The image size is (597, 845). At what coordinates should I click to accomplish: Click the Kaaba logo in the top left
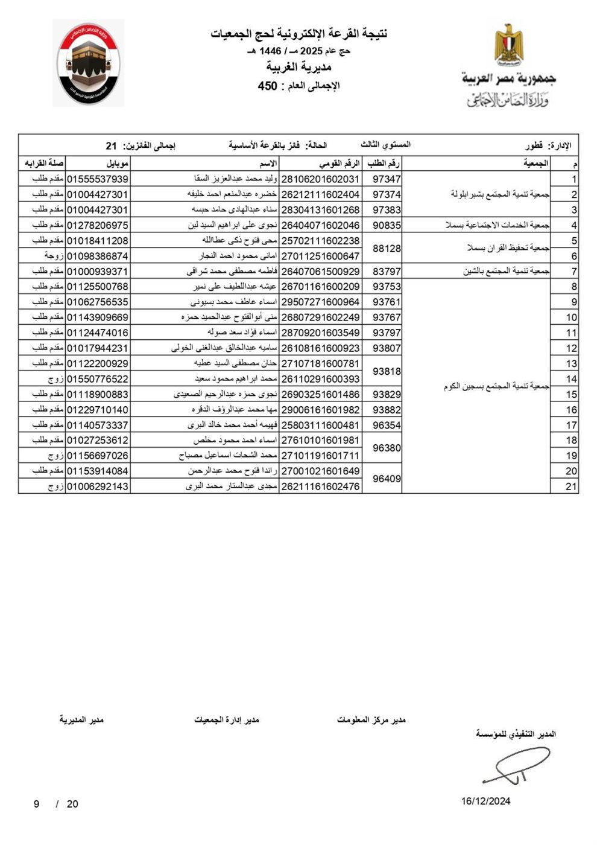pyautogui.click(x=88, y=63)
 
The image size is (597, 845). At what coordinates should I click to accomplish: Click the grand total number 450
pyautogui.click(x=267, y=86)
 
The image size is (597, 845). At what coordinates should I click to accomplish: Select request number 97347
pyautogui.click(x=387, y=179)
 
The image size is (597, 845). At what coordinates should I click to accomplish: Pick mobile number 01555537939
pyautogui.click(x=97, y=179)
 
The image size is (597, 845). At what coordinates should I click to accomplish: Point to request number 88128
pyautogui.click(x=387, y=249)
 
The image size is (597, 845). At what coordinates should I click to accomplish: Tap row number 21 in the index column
pyautogui.click(x=570, y=486)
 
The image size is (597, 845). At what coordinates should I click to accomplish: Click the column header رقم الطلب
pyautogui.click(x=382, y=164)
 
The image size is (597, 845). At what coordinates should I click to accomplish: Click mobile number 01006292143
pyautogui.click(x=97, y=486)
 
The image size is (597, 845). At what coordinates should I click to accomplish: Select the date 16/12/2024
pyautogui.click(x=486, y=802)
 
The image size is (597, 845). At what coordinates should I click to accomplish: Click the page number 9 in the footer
pyautogui.click(x=36, y=804)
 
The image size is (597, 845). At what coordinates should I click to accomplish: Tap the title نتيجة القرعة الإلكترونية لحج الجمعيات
pyautogui.click(x=298, y=34)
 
